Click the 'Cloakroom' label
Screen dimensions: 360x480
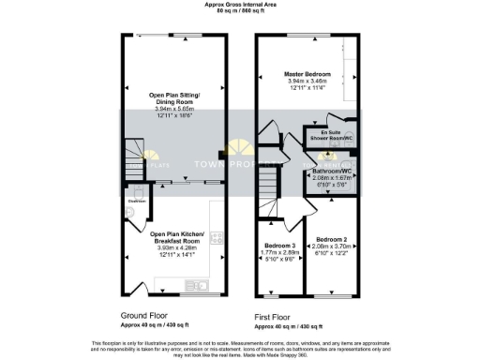tap(138, 200)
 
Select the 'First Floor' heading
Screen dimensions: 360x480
tap(278, 317)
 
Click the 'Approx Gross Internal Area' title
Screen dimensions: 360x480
tap(239, 5)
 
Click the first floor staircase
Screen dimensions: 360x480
tap(272, 173)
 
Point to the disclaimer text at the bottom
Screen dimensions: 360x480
tap(239, 347)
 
